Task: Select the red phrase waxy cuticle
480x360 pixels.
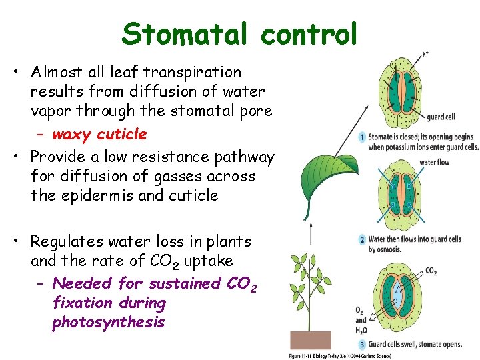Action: [x=99, y=135]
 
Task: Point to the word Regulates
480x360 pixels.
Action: [x=73, y=241]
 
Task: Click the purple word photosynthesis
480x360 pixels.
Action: [x=108, y=323]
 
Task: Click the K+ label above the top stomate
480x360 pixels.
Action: [x=425, y=55]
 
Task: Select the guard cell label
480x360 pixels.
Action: [x=441, y=117]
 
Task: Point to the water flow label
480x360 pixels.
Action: [x=434, y=162]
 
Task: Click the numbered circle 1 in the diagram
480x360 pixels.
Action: [x=362, y=137]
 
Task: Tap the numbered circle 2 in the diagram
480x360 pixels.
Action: [x=362, y=239]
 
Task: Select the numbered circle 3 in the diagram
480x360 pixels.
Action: [x=362, y=345]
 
